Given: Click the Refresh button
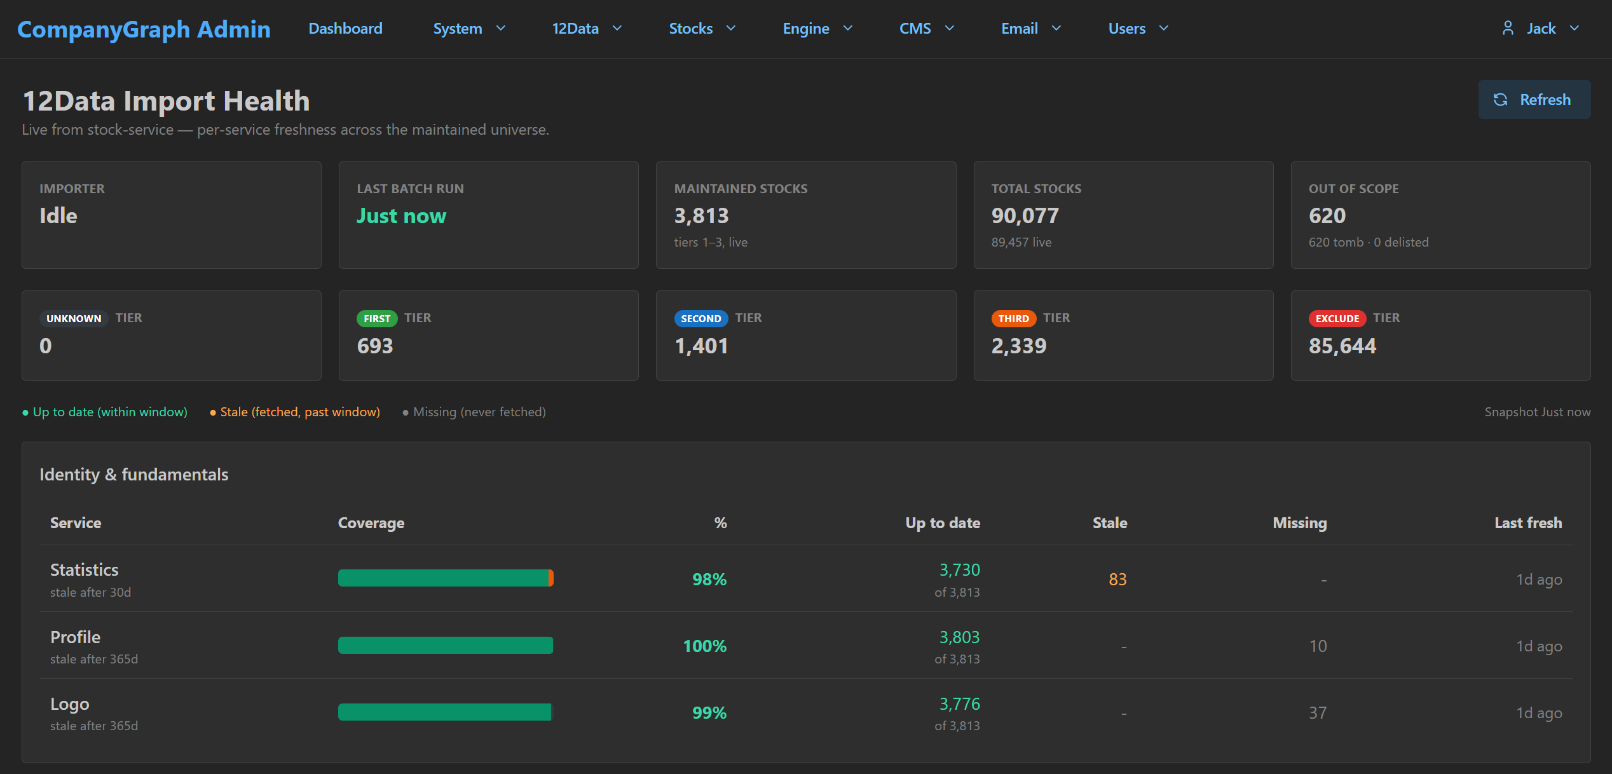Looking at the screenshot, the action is coord(1534,100).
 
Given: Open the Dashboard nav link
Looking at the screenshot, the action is coord(345,29).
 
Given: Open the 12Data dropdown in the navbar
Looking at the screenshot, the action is coord(587,29).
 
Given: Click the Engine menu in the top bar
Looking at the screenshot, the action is coord(817,29).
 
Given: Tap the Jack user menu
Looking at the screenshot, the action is coord(1540,29).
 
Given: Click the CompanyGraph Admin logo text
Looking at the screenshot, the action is coord(144,29).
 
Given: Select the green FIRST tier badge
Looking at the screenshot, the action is coord(377,318).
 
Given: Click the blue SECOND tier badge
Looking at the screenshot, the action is coord(701,318).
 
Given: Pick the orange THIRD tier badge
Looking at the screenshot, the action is coord(1013,318).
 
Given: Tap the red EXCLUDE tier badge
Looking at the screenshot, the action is coord(1337,318).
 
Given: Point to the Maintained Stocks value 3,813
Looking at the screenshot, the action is coord(701,216).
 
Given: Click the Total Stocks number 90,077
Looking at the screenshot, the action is coord(1025,216).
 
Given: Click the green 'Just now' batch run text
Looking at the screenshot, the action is coord(401,216).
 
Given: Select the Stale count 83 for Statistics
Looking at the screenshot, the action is coord(1117,580).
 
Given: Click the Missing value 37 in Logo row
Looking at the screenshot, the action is coord(1318,713).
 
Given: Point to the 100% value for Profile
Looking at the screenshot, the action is coord(704,646).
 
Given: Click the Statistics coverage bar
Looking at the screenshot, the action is coord(446,578).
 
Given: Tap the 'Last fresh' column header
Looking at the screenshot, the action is coord(1528,523).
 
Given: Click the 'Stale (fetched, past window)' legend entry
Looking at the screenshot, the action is coord(295,412).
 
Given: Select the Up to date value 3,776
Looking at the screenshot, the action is coord(959,704).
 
